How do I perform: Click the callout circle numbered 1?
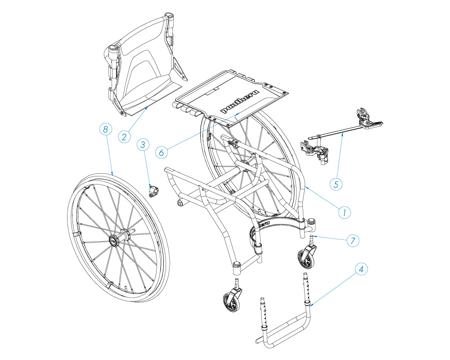pos(344,212)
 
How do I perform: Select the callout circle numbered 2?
pos(124,137)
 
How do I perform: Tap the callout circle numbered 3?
pos(143,145)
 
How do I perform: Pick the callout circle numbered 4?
pos(361,269)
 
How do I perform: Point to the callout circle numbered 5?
pos(336,184)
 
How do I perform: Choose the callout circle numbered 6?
pos(161,152)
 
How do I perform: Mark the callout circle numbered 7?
pos(353,240)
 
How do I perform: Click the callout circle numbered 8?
pos(106,129)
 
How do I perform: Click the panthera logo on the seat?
pos(239,102)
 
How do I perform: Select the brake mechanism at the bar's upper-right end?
pos(368,118)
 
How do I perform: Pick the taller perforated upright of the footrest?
pos(306,288)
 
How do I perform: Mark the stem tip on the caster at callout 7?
pos(311,236)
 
